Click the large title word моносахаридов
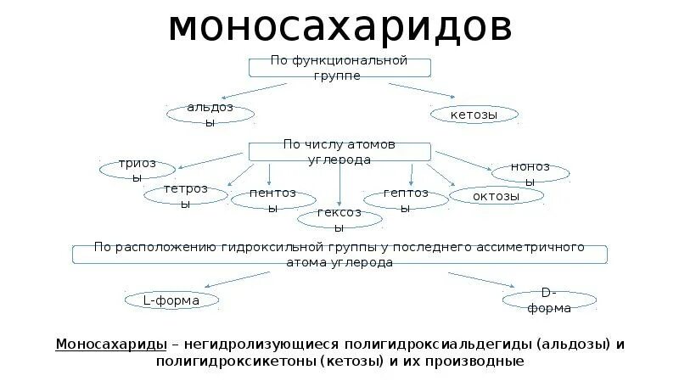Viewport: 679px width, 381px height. tap(339, 27)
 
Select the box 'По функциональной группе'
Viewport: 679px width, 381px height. tap(339, 69)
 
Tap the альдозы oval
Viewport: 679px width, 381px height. tap(210, 115)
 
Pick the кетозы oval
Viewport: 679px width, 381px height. tap(475, 115)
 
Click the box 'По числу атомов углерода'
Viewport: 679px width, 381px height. tap(339, 152)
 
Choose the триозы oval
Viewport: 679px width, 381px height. tap(137, 170)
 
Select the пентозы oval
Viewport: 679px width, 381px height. tap(273, 199)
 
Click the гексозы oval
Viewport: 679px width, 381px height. tap(339, 219)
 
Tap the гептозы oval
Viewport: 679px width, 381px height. tap(406, 199)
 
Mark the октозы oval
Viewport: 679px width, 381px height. tap(497, 196)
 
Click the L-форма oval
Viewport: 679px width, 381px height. tap(172, 300)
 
